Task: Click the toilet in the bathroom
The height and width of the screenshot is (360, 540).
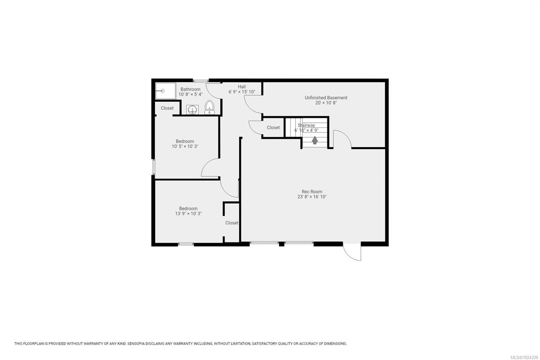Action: [210, 107]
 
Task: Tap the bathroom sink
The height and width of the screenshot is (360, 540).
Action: [192, 110]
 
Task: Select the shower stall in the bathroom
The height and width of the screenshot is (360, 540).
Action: [165, 91]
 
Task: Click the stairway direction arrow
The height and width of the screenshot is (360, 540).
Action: [315, 140]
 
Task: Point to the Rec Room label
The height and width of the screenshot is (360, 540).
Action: [312, 191]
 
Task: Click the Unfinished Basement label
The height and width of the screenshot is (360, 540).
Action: [326, 98]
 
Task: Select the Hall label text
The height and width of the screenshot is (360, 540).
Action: [242, 87]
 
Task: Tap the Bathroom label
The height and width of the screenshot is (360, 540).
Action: [190, 89]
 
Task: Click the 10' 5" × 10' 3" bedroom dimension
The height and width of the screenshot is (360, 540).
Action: [185, 147]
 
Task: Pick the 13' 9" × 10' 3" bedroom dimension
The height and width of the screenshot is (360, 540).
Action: [188, 214]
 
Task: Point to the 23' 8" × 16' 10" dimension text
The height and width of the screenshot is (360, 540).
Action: [312, 197]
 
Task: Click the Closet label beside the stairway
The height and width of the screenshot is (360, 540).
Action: [273, 128]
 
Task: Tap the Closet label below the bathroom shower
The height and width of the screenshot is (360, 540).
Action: [167, 108]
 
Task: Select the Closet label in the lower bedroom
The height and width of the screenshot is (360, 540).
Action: [232, 223]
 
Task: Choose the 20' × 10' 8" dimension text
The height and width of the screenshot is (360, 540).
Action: [326, 103]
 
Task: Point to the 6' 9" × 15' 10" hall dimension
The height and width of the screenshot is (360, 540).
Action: [242, 92]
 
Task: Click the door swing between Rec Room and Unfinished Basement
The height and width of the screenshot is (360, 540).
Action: [342, 139]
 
